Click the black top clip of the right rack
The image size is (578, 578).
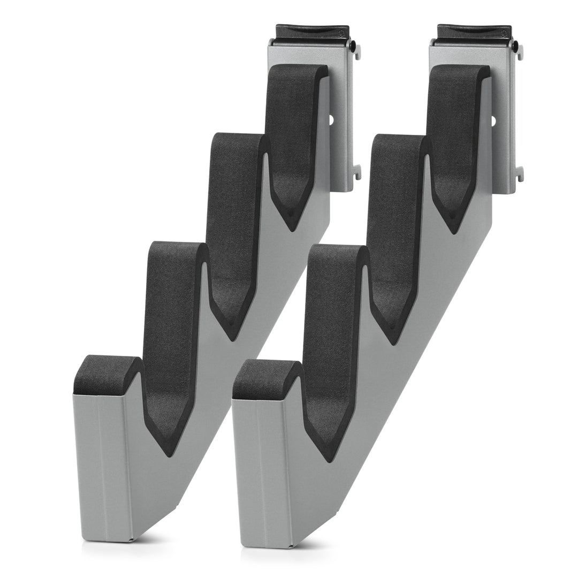click(x=474, y=33)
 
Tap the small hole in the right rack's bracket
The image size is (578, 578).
click(x=494, y=119)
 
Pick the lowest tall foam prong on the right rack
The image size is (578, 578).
click(x=332, y=326)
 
